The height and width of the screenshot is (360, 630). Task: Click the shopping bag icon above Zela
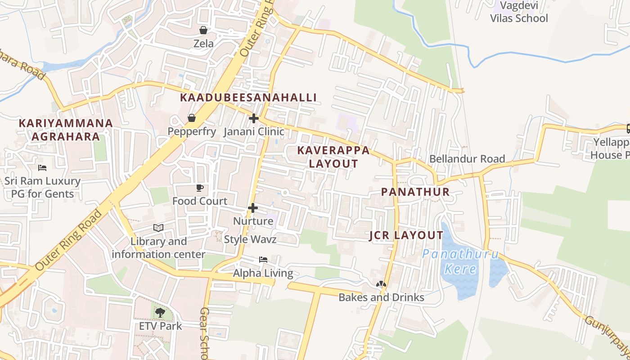203,30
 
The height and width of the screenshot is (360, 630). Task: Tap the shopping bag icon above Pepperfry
192,118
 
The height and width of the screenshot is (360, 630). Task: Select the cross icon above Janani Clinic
254,118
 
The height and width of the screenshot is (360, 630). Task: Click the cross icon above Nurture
253,208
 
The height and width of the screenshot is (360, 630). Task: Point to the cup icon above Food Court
200,188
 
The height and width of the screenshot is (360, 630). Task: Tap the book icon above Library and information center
158,228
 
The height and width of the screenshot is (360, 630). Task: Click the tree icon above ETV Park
160,312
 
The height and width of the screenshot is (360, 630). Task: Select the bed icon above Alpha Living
263,260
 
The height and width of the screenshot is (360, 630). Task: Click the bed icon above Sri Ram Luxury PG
42,168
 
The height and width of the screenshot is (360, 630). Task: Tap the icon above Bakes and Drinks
381,284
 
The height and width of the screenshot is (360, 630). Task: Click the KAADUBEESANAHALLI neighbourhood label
248,98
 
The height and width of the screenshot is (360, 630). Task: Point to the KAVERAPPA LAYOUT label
333,157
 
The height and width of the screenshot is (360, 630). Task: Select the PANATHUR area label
415,192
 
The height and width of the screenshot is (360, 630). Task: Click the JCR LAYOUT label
406,235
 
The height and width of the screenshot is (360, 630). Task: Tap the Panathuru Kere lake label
460,262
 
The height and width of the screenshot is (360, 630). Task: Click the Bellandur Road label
467,159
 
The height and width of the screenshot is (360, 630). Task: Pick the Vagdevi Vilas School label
519,12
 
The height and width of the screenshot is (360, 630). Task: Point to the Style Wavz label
250,239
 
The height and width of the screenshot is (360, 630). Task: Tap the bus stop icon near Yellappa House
628,129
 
